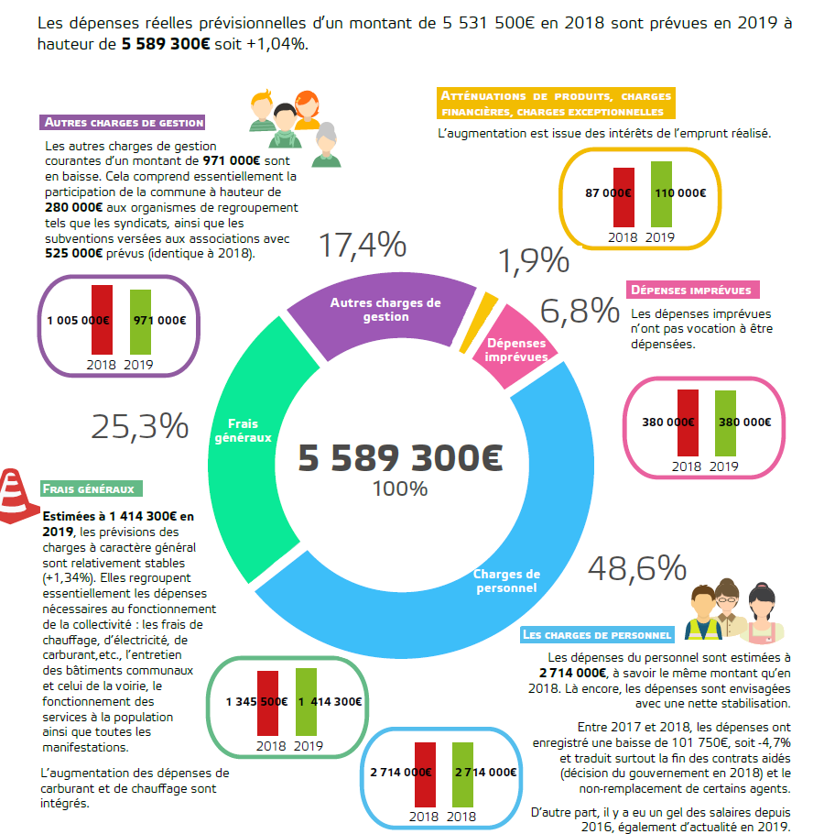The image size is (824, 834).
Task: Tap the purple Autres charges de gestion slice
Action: (x=385, y=307)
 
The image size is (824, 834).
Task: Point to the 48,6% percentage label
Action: (x=636, y=568)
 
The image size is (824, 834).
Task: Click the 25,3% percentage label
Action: (x=139, y=426)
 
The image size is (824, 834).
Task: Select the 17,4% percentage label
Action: (x=362, y=246)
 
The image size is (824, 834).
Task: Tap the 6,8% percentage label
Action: (x=580, y=312)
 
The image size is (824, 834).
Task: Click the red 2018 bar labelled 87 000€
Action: (x=623, y=197)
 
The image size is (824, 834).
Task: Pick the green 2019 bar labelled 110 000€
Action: (x=661, y=194)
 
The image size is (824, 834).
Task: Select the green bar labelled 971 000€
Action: (x=139, y=323)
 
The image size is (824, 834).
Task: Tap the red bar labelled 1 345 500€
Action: (x=268, y=703)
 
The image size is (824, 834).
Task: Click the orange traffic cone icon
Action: (x=20, y=496)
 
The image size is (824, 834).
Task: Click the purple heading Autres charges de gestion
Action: (x=124, y=122)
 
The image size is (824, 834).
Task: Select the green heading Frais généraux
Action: (x=93, y=489)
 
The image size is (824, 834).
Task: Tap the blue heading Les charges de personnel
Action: (x=598, y=634)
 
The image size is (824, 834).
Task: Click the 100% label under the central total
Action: (x=400, y=488)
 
